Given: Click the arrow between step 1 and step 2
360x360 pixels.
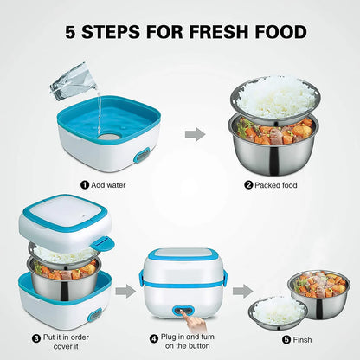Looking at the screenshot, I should (197, 133).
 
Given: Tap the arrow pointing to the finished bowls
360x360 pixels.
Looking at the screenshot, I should (243, 291).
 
